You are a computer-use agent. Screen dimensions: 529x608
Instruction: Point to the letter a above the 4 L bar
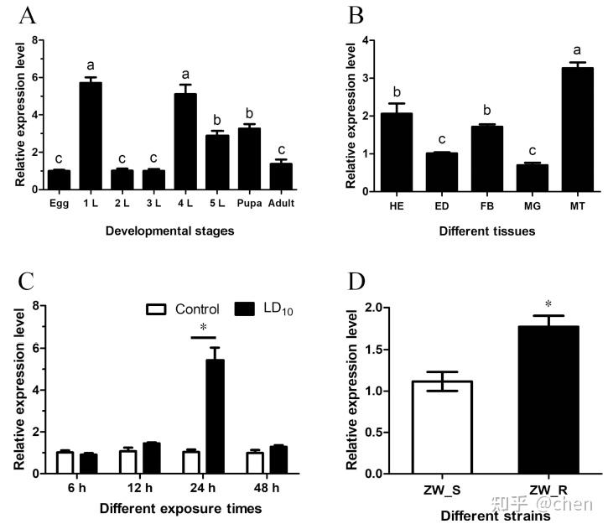click(187, 74)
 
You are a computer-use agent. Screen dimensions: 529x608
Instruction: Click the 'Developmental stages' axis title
click(158, 231)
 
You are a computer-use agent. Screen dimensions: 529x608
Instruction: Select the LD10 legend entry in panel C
click(267, 309)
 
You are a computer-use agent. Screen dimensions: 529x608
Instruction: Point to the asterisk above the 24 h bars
click(203, 328)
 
